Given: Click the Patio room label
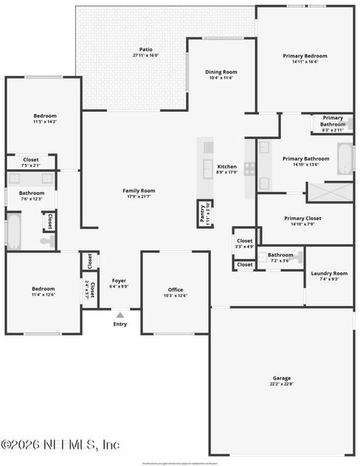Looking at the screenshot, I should (145, 49).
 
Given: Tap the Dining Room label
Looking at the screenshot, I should (221, 72).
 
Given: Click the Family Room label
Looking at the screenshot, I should (139, 190).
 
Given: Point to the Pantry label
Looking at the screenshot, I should (202, 213).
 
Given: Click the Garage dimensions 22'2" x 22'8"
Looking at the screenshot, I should (282, 384).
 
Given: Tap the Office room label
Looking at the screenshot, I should (175, 290).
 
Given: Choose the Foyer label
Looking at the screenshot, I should (119, 280).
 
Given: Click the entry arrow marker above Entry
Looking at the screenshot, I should (119, 315).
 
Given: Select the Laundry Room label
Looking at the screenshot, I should (329, 273).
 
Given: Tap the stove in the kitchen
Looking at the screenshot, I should (250, 169).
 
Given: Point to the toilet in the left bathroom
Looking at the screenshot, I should (47, 242).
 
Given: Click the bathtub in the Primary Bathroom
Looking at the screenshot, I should (344, 158).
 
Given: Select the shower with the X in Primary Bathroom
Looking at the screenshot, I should (330, 192).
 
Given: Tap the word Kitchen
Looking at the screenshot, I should (227, 167).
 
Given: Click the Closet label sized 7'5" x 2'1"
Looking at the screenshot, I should (31, 159).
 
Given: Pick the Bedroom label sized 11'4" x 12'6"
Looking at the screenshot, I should (43, 288).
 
